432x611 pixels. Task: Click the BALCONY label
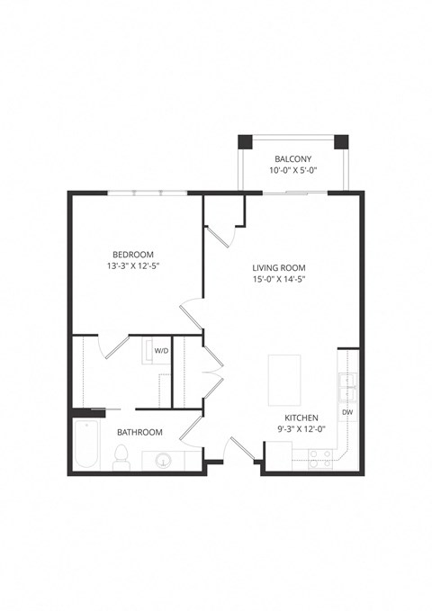[293, 159]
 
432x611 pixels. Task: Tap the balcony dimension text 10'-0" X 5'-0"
[293, 171]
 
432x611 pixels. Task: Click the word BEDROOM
[133, 254]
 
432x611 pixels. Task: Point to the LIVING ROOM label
[279, 267]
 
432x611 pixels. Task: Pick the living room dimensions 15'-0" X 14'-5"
[279, 279]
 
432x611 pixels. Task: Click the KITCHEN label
[301, 419]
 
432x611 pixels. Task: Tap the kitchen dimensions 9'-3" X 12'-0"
[301, 431]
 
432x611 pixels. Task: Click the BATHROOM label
[139, 433]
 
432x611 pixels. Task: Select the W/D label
[162, 350]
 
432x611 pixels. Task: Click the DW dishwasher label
[347, 412]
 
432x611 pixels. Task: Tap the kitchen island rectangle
[286, 381]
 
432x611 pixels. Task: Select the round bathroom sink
[163, 462]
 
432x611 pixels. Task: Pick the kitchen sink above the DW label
[347, 384]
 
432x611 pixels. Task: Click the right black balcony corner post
[341, 142]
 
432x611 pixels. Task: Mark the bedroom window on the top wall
[148, 193]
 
